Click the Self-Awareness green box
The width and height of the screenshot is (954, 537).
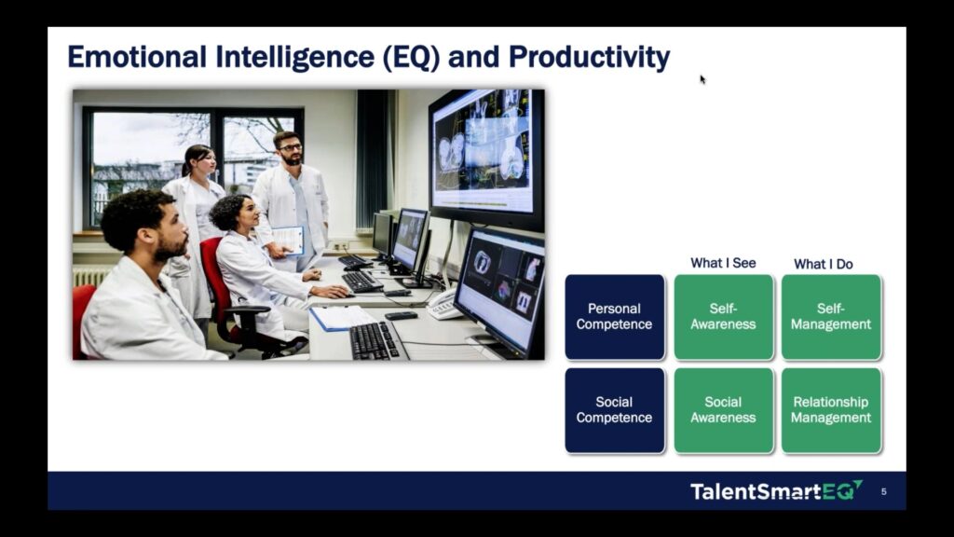pos(723,317)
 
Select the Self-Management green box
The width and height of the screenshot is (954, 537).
pos(831,317)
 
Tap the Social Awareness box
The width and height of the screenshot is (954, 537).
pos(723,410)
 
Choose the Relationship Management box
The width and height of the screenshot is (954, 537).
pos(831,410)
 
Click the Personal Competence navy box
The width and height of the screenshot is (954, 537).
pos(615,317)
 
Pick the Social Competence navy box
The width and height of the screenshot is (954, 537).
pos(615,410)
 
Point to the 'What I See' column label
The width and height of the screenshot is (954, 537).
pos(723,263)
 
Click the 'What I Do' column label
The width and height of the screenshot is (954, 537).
pos(824,264)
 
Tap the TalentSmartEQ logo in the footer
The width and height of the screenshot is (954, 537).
pos(776,490)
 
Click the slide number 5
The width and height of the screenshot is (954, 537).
pos(884,491)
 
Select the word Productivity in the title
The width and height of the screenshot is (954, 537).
pos(589,58)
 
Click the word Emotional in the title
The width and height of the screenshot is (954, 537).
pos(137,57)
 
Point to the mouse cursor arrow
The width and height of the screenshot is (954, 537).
pos(702,79)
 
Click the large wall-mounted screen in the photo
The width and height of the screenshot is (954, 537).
pos(486,156)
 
